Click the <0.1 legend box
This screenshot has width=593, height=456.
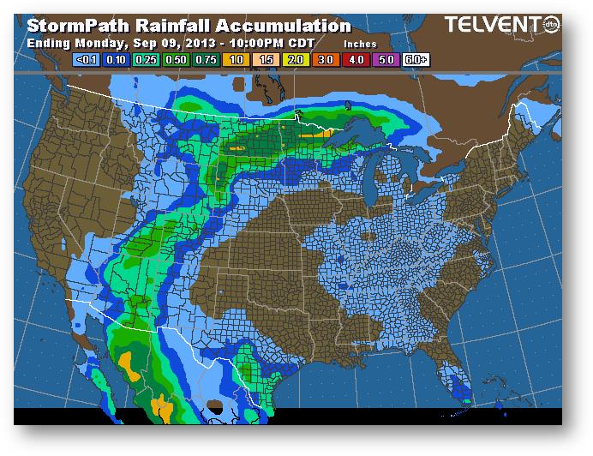[84, 61]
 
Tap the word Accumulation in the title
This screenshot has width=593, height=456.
[279, 26]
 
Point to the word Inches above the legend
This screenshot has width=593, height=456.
[360, 43]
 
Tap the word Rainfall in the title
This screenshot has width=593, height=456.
[171, 26]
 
